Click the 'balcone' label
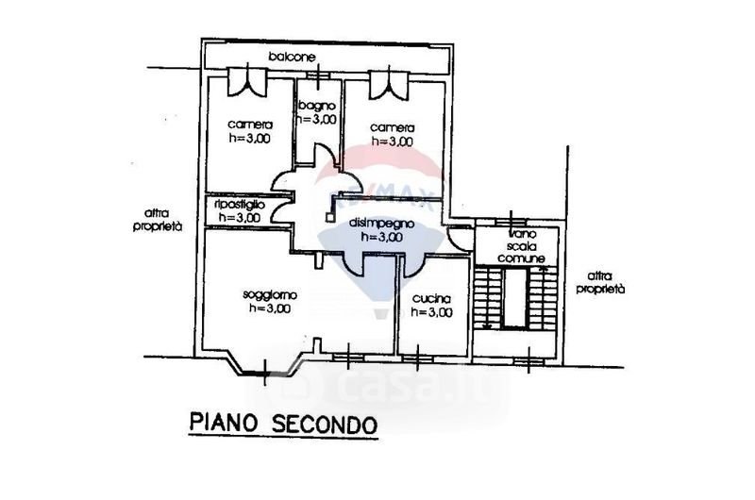(x=292, y=58)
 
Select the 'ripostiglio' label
(x=240, y=204)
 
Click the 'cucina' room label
(x=431, y=299)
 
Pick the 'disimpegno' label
(x=377, y=224)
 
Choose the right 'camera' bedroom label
(x=392, y=127)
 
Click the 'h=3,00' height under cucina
(x=431, y=313)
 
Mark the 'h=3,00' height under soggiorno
(x=272, y=308)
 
